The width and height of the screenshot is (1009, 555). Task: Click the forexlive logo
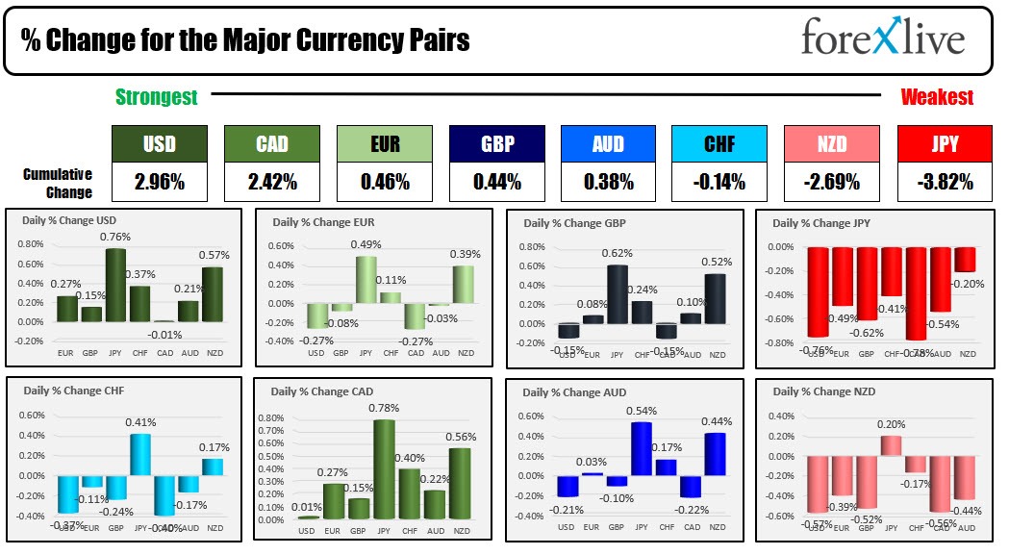point(882,38)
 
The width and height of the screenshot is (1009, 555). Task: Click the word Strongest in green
point(156,97)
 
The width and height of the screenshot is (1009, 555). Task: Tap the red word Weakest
point(936,97)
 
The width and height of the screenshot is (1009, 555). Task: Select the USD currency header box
point(159,144)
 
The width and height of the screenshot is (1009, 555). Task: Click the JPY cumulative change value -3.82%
point(943,181)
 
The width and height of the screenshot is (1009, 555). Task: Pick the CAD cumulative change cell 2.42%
point(271,181)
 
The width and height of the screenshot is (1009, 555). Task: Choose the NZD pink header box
point(831,144)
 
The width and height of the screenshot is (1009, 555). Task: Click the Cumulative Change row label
point(59,183)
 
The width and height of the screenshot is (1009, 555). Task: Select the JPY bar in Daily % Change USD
point(116,286)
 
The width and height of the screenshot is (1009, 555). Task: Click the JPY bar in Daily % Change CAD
point(385,469)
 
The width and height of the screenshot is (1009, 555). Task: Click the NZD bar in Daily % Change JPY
point(965,260)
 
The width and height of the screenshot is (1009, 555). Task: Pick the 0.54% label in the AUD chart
point(641,412)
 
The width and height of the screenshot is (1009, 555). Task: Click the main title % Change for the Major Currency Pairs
point(245,41)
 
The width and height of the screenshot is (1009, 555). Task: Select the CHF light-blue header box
point(719,144)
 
